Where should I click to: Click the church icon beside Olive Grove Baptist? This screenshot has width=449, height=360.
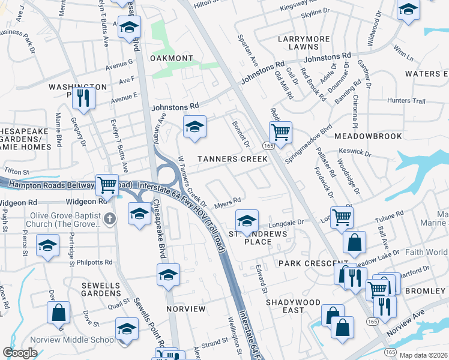(x=109, y=217)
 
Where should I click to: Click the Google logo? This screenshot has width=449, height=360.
(x=20, y=353)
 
